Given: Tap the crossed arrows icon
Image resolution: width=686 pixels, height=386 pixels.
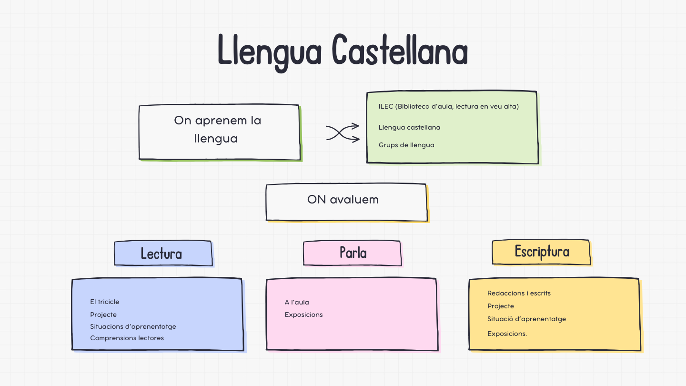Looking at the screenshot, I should click(343, 132).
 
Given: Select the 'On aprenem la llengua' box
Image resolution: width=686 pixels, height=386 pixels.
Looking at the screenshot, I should click(219, 132).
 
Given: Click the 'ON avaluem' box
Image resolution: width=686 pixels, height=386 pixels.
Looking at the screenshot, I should click(346, 202).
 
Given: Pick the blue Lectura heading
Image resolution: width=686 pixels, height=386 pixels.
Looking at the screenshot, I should click(162, 253).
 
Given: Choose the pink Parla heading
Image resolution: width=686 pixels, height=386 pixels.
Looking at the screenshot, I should click(353, 252).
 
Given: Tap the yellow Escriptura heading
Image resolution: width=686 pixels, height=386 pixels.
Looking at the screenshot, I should click(541, 252).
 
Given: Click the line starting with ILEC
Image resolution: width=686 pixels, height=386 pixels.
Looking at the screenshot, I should click(448, 106).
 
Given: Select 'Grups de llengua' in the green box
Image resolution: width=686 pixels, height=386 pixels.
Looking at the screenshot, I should click(406, 145).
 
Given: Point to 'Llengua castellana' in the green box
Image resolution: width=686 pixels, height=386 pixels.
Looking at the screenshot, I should click(409, 127).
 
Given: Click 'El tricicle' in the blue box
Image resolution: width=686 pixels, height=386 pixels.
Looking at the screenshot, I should click(104, 302).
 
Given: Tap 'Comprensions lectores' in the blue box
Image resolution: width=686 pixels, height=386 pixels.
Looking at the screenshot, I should click(127, 338).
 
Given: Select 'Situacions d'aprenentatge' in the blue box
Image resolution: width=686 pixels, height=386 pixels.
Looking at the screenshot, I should click(133, 326).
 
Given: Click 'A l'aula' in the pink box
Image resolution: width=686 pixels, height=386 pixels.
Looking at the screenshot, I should click(297, 302).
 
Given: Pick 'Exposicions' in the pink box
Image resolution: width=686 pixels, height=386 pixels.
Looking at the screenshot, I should click(303, 315).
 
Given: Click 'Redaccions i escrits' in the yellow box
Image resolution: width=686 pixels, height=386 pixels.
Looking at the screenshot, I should click(519, 293).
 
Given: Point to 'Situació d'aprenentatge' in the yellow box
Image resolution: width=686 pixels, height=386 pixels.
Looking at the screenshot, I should click(526, 319).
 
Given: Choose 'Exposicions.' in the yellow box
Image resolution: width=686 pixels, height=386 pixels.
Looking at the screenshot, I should click(507, 334).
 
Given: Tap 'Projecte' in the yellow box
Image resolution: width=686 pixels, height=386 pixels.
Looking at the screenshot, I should click(501, 306).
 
